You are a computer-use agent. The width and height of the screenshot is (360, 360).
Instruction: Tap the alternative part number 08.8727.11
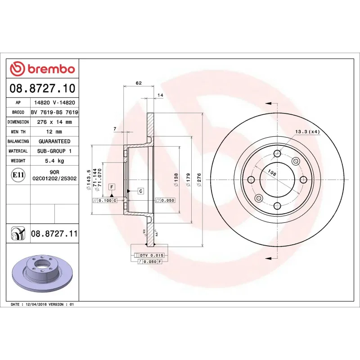point(54,234)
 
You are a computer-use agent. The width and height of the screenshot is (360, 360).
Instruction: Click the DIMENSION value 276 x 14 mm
point(54,122)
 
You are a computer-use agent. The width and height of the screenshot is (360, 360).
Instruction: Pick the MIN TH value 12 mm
point(54,132)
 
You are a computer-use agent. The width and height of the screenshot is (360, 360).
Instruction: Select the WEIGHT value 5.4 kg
point(54,161)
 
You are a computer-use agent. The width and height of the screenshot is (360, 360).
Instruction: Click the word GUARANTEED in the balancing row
point(54,141)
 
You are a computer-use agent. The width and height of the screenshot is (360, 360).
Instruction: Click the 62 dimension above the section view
point(139,83)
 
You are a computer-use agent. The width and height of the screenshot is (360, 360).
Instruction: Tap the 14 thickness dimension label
point(160,95)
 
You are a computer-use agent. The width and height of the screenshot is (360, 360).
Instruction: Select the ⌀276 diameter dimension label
point(198,180)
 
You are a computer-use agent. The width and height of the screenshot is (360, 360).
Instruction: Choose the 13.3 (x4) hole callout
point(307,131)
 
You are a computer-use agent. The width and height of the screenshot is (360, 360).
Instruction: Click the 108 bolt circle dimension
point(272,172)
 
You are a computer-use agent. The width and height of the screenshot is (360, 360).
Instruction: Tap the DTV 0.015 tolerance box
point(152,255)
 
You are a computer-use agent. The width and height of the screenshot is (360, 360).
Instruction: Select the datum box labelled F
point(112,186)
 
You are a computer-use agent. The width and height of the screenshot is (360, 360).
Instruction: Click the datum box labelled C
point(140,191)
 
